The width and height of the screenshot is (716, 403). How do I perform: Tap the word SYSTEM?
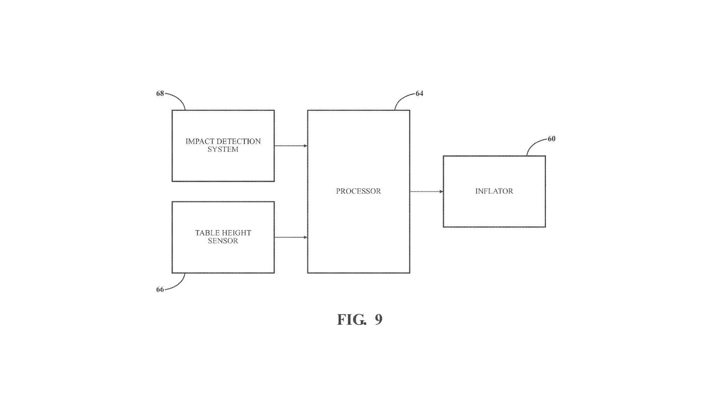(x=223, y=150)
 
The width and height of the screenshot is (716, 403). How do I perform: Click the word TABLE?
(x=207, y=233)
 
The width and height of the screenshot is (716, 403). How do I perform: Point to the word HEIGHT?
(x=236, y=233)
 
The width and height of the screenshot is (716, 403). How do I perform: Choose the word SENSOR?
(x=223, y=241)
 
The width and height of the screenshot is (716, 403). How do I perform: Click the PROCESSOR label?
(x=358, y=191)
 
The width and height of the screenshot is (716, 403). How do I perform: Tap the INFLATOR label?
(x=494, y=191)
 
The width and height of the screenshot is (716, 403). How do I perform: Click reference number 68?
(x=160, y=94)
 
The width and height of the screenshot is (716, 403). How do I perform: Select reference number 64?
(x=419, y=94)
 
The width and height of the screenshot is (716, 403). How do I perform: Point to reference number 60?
(x=551, y=139)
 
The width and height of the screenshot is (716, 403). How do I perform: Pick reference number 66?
(x=160, y=290)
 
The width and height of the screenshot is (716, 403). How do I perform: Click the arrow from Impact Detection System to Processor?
(x=290, y=146)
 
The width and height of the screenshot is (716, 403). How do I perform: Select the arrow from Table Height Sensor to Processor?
(x=290, y=237)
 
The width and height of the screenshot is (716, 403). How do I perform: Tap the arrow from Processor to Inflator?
(x=426, y=191)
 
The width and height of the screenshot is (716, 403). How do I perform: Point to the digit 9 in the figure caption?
(x=379, y=320)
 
